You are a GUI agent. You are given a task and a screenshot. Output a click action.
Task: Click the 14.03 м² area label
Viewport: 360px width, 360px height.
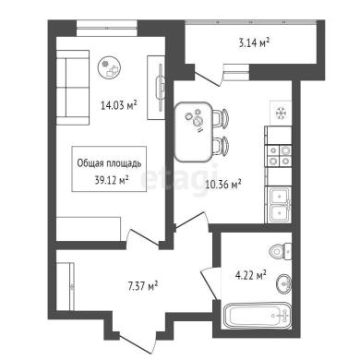119,105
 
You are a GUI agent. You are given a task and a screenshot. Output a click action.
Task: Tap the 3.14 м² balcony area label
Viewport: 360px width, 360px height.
254,42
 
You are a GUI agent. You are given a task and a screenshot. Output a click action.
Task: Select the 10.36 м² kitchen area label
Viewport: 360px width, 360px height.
223,185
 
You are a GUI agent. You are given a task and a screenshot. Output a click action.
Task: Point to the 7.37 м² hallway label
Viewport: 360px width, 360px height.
143,286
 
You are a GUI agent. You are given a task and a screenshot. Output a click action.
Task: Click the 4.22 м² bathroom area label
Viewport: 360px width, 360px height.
251,275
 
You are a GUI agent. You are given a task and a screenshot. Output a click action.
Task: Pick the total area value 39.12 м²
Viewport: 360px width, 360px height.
112,180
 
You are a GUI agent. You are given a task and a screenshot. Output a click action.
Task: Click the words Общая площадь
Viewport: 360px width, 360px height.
109,163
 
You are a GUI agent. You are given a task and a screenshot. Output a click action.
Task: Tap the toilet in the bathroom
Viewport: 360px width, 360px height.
281,250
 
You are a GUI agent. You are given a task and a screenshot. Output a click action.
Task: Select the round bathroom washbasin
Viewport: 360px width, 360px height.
283,283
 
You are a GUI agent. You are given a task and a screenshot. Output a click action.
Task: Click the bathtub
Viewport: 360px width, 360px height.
258,316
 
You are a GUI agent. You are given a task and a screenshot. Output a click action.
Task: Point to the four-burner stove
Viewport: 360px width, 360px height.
279,156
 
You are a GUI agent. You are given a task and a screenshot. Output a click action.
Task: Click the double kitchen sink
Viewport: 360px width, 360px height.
280,205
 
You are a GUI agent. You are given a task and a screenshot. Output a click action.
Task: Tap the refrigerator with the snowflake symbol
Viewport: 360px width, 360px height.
281,114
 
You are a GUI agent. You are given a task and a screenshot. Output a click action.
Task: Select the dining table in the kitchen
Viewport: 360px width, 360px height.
194,132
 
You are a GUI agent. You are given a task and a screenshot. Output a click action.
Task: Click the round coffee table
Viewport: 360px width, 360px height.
110,68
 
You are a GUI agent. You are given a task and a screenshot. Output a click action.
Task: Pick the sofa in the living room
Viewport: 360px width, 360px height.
73,88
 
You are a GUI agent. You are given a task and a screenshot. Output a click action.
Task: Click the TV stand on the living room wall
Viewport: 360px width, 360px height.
156,88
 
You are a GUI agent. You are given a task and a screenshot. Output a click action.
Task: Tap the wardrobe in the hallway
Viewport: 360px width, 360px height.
66,286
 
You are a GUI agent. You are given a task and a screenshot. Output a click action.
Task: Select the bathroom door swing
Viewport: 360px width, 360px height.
210,283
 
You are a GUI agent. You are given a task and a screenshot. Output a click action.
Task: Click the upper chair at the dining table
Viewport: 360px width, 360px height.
221,118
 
